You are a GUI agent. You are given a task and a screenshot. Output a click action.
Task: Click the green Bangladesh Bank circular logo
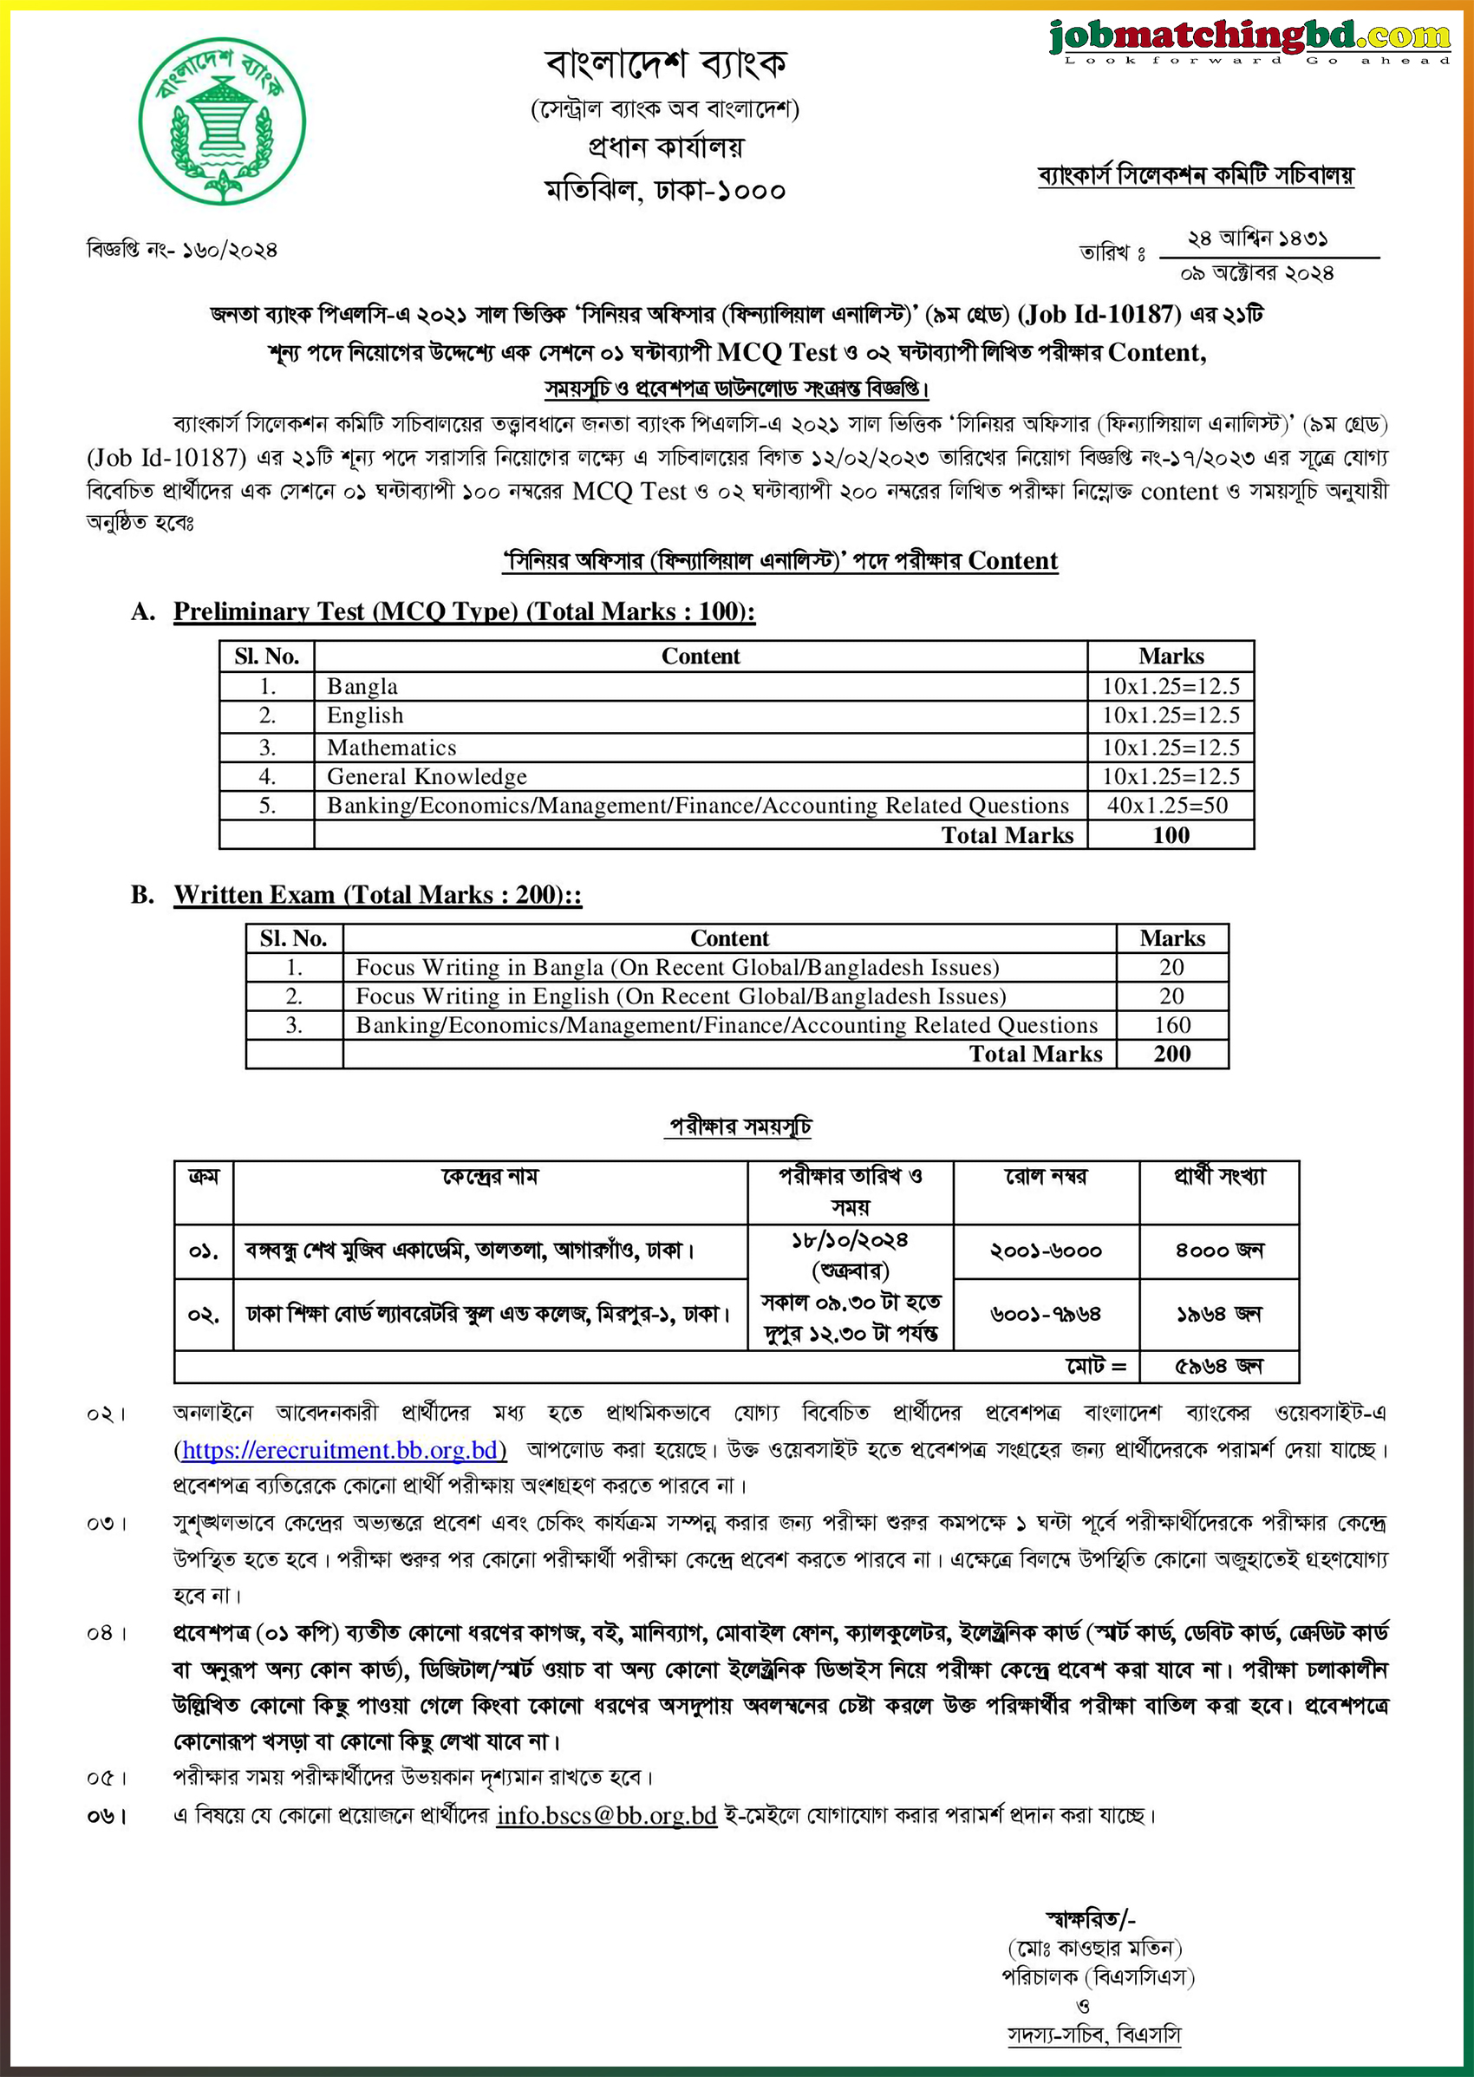click(222, 120)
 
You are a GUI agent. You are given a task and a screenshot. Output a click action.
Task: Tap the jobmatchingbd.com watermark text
click(1249, 36)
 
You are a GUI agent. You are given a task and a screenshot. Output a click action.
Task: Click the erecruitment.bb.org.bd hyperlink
click(341, 1450)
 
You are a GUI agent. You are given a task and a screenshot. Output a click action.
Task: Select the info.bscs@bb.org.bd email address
click(606, 1814)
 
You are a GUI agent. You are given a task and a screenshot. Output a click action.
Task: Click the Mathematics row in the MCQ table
click(391, 747)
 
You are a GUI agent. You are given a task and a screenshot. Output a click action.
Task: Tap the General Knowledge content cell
click(427, 776)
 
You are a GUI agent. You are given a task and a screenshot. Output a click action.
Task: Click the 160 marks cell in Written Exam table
click(1171, 1025)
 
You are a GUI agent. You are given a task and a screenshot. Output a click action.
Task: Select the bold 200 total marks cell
click(1171, 1054)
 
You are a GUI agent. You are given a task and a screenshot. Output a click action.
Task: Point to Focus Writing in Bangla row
click(676, 967)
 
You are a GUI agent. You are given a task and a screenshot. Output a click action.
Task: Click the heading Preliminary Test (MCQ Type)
click(463, 612)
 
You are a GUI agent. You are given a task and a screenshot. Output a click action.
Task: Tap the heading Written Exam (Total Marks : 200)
click(377, 895)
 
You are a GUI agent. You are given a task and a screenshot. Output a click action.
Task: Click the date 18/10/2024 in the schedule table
click(850, 1241)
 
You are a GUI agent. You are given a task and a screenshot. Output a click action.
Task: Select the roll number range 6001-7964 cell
click(1045, 1315)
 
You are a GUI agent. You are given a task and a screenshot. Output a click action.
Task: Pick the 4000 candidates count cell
click(1218, 1251)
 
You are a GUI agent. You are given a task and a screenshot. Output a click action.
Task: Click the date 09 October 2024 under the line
click(1256, 273)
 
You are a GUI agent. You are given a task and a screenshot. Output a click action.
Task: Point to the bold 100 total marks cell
click(1170, 835)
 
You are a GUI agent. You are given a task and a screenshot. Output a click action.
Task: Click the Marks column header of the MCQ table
click(1170, 656)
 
